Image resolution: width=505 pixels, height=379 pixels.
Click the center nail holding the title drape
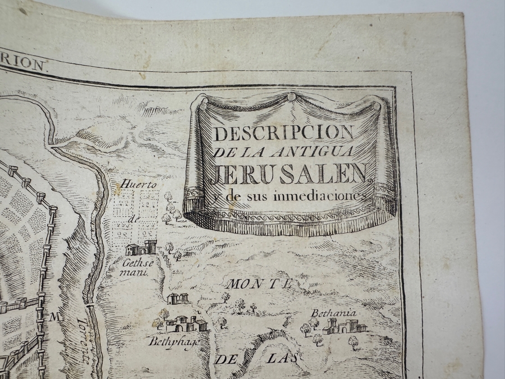coord(291,97)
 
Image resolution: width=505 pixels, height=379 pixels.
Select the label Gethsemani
coord(133,267)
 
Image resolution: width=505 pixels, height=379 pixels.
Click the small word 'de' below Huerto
coord(132,221)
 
